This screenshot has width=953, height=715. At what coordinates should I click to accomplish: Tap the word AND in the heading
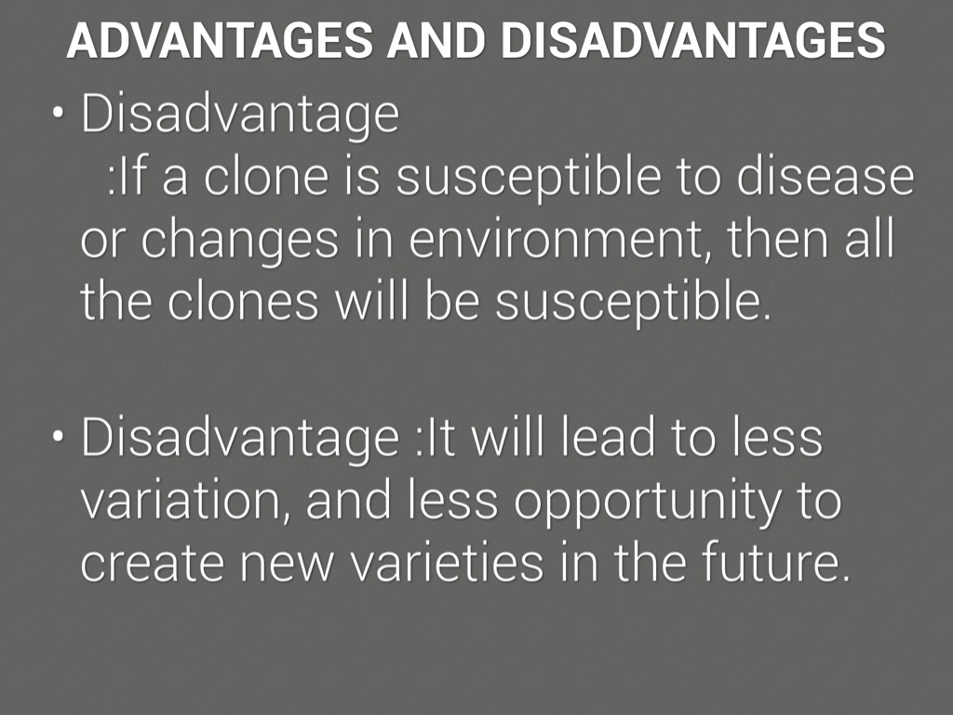tap(436, 41)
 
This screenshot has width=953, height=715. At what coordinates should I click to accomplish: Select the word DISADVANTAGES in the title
tap(692, 41)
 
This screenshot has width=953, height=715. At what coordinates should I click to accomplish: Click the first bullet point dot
tap(58, 113)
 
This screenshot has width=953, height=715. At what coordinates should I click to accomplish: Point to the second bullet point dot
tap(58, 437)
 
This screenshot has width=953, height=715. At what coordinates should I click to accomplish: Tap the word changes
tap(239, 242)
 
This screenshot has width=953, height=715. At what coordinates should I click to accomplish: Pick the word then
tap(779, 237)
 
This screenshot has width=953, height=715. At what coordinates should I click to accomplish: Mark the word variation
tap(185, 501)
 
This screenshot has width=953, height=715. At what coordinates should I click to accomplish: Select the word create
tap(151, 563)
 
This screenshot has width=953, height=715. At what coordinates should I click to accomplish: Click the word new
tap(287, 565)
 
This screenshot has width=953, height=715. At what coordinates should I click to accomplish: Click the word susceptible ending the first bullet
tap(632, 304)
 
